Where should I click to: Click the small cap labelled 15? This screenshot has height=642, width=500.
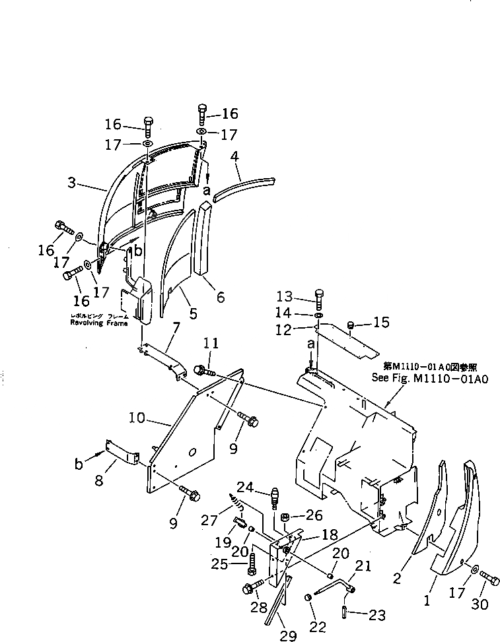click(351, 324)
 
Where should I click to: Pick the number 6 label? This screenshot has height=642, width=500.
click(219, 298)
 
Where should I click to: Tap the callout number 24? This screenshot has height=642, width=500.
click(245, 488)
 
